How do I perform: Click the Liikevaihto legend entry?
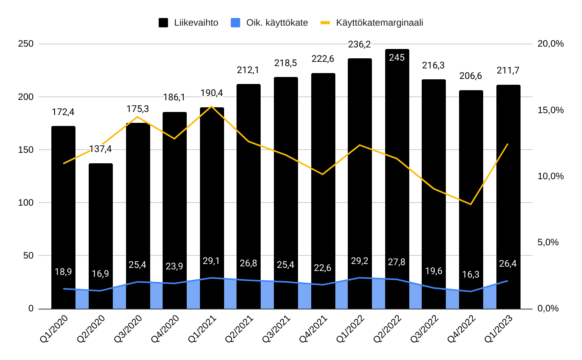pos(189,23)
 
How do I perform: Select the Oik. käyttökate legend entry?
pos(270,23)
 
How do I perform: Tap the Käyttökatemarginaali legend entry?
pos(372,23)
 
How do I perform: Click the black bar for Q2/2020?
pos(101,233)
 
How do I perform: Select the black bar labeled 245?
pos(397,175)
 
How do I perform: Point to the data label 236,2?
pos(359,45)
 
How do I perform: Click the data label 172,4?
pos(63,112)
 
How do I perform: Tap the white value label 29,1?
pos(211,261)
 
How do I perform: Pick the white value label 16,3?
pos(471,275)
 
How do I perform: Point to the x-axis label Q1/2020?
pos(54,329)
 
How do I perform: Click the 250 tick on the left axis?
pos(26,44)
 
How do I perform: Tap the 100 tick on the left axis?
pos(26,203)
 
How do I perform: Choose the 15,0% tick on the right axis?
pos(550,110)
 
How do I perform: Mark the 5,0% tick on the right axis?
pos(548,242)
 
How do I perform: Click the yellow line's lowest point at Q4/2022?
pos(471,204)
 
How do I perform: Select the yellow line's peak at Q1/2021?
pos(211,107)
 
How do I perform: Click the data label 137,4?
pos(100,149)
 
